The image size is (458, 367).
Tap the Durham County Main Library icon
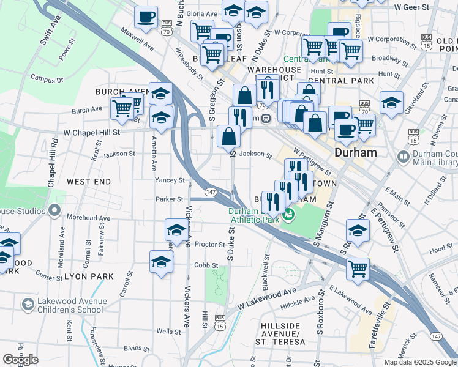pos(403,157)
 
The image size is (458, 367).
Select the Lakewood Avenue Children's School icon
pos(28,305)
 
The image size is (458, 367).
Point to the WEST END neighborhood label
pos(89,182)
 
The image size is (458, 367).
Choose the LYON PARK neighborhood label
pos(91,276)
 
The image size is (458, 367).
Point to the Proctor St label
pos(209,244)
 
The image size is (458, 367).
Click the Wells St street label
pos(167,331)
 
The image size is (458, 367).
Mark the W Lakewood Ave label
pos(267,297)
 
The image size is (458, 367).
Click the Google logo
pos(20,359)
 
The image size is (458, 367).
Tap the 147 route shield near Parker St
pos(209,192)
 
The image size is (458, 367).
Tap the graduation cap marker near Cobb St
pos(161,261)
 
